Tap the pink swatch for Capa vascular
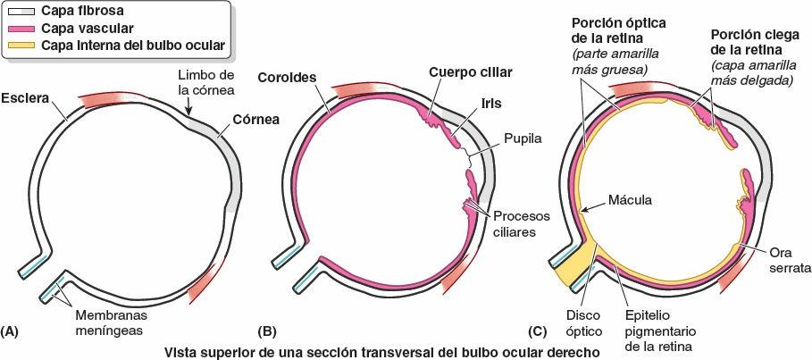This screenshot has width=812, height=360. (17, 29)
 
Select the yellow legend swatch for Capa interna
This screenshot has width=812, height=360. (17, 44)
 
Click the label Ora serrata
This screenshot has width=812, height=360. (781, 259)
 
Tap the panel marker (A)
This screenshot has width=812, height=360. (11, 331)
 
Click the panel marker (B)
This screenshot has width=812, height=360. (266, 331)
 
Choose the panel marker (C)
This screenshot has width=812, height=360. (537, 331)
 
